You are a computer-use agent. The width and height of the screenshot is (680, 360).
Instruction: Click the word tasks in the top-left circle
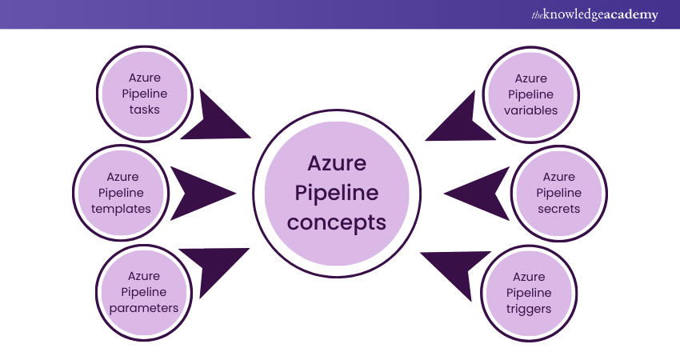point(145,109)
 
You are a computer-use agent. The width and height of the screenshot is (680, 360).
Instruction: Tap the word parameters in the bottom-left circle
point(144,307)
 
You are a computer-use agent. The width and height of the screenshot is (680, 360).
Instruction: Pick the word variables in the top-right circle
point(531,110)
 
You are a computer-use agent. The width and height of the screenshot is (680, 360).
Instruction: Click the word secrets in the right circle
point(558,208)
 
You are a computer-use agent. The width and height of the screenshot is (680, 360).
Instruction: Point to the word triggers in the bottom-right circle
point(530,307)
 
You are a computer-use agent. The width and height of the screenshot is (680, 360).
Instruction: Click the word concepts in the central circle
point(337,222)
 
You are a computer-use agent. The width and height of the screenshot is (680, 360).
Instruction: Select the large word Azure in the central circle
point(337,164)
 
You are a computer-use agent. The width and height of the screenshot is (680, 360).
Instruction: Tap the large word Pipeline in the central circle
point(337,193)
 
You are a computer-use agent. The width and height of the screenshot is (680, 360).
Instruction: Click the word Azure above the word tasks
point(145,78)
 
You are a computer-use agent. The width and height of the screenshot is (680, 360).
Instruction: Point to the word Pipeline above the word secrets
point(558,193)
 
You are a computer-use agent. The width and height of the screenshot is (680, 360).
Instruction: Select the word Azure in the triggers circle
point(530,277)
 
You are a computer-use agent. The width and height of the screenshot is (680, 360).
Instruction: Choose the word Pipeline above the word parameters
point(144,292)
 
